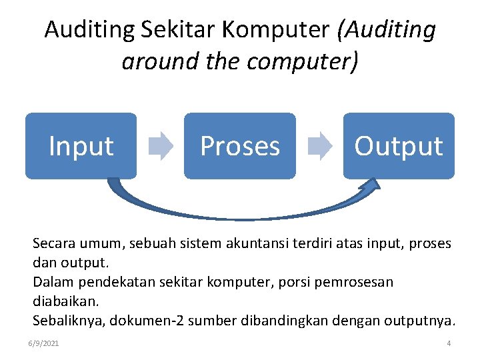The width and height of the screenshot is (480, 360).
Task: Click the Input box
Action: (81, 146)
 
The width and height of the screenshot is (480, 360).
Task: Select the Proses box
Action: (239, 146)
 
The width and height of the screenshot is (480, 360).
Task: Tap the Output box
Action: (398, 146)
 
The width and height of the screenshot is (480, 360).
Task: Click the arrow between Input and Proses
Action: (160, 146)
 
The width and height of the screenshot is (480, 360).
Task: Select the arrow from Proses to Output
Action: (319, 146)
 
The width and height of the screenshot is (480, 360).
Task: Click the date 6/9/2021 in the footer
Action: (44, 343)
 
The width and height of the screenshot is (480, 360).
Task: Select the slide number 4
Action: (449, 343)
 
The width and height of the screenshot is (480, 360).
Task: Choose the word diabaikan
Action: (63, 301)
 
